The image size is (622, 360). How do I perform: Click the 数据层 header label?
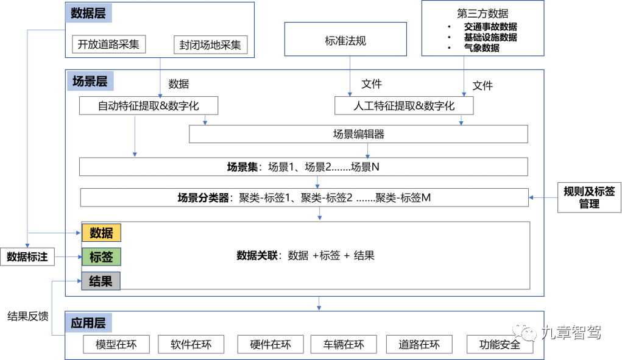click(x=88, y=13)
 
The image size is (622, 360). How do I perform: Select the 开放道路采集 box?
click(x=108, y=44)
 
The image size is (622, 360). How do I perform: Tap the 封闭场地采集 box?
click(x=210, y=45)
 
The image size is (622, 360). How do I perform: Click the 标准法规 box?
click(x=345, y=41)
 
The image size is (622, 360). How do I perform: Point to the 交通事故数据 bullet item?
click(x=490, y=27)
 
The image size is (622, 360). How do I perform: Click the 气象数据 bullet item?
click(x=481, y=48)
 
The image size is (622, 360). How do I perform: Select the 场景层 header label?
click(x=90, y=81)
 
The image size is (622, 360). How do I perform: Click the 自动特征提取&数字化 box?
click(x=149, y=106)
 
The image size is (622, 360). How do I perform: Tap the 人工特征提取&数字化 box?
click(x=404, y=106)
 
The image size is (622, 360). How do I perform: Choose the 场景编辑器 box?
click(x=358, y=134)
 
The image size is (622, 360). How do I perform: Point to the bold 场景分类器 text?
click(x=203, y=197)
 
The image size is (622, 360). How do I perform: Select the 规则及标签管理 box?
click(x=588, y=197)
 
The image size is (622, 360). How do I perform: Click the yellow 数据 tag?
click(x=101, y=233)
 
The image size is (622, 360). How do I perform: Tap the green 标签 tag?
click(x=101, y=257)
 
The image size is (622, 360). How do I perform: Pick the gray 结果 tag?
click(x=101, y=281)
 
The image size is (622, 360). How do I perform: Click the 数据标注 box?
click(x=27, y=257)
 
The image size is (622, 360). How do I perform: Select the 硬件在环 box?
click(x=270, y=345)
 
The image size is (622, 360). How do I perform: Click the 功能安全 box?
click(x=500, y=345)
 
